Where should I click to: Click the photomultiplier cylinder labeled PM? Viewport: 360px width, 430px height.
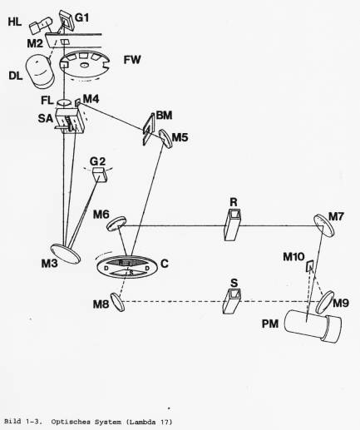tap(313, 325)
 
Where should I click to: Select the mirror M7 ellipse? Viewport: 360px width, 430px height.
tap(324, 225)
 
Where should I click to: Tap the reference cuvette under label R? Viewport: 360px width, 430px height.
tap(232, 225)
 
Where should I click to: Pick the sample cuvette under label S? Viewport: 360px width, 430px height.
tap(232, 301)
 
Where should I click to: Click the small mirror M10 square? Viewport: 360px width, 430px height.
tap(309, 266)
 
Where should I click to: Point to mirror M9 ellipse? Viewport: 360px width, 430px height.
tap(325, 302)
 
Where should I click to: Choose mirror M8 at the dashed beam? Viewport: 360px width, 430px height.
tap(117, 302)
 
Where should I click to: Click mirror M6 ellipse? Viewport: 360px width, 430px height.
tap(116, 224)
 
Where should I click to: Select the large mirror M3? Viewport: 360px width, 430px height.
tap(67, 254)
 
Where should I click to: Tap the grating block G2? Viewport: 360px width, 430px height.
tap(100, 175)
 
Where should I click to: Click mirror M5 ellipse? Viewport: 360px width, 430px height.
tap(165, 140)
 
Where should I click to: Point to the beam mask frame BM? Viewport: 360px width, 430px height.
tap(149, 129)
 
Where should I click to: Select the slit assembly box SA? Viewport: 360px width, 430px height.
tap(70, 121)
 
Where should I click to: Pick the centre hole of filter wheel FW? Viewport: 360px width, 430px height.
tap(83, 66)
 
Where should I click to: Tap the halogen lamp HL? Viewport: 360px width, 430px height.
tap(41, 25)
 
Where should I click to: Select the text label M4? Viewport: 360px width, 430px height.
tap(91, 99)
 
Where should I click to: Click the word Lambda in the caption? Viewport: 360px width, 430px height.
tap(143, 423)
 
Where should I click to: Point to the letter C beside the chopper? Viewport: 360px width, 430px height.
tap(165, 264)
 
